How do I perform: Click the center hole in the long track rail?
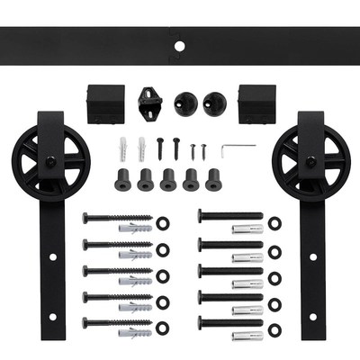[180, 44]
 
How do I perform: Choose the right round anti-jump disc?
[214, 100]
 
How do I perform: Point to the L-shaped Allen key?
[238, 148]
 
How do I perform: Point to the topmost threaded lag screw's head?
[85, 217]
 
